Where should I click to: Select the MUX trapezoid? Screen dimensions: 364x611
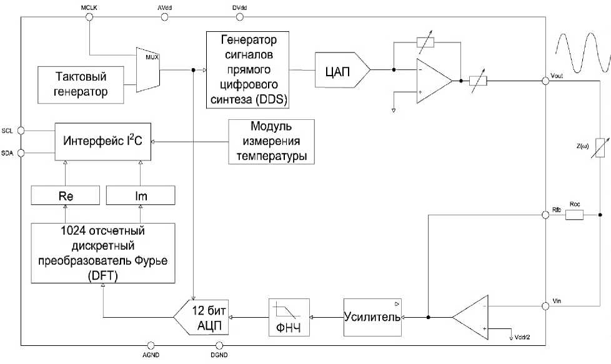pyautogui.click(x=148, y=67)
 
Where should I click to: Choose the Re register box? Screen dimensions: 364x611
pyautogui.click(x=66, y=195)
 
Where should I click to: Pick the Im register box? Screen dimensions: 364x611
pyautogui.click(x=141, y=195)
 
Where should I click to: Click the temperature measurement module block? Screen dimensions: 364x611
pyautogui.click(x=271, y=141)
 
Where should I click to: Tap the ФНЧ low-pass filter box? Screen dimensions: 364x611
pyautogui.click(x=289, y=317)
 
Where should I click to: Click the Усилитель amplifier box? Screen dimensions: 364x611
pyautogui.click(x=372, y=317)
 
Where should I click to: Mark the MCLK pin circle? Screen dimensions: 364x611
pyautogui.click(x=89, y=17)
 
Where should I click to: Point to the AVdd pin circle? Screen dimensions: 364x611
pyautogui.click(x=164, y=17)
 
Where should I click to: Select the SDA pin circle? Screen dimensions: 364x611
pyautogui.click(x=21, y=152)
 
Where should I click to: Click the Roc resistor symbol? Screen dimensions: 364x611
pyautogui.click(x=574, y=215)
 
